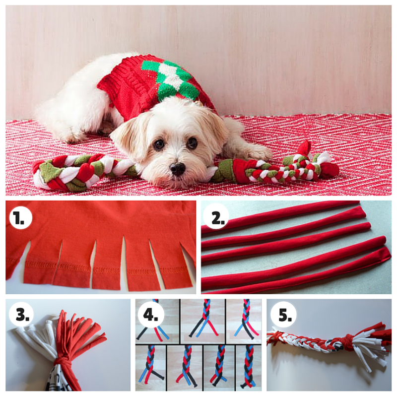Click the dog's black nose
[x=177, y=169]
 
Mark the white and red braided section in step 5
[x=308, y=342]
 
